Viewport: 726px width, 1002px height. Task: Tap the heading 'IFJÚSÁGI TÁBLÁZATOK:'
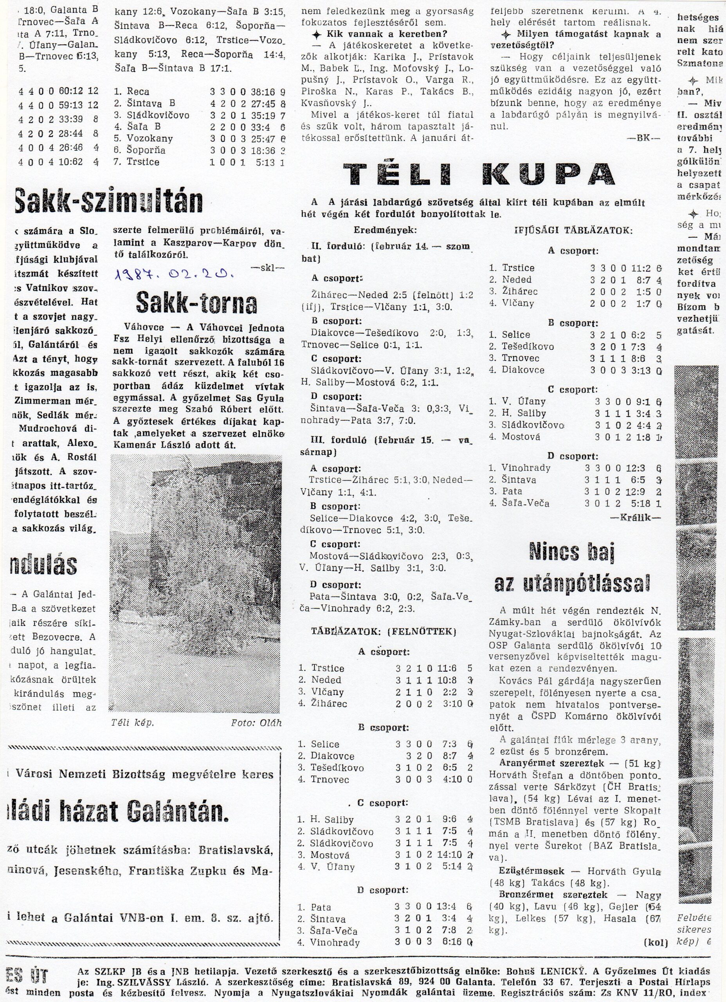[573, 230]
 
